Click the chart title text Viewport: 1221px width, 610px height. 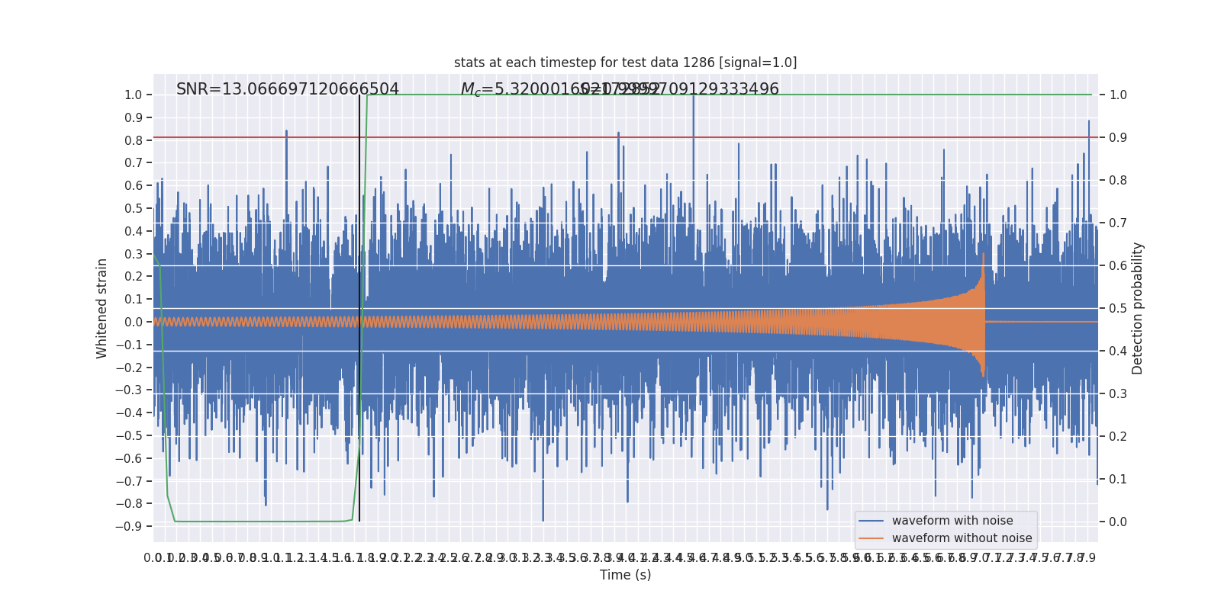625,63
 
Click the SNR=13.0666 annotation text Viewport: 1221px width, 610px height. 288,89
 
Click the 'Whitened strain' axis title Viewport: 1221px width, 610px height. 102,308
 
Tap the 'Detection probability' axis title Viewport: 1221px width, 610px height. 1138,308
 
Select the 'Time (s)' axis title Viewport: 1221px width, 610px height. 625,575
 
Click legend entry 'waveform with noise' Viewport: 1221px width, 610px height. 952,521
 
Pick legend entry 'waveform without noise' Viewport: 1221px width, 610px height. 962,538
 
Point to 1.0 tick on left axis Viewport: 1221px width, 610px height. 133,95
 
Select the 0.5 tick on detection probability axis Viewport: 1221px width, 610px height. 1118,308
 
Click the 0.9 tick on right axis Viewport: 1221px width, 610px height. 1118,138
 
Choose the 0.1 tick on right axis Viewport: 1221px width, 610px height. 1118,479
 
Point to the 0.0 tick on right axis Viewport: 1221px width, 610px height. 1118,522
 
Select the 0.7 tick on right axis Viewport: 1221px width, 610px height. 1118,223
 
